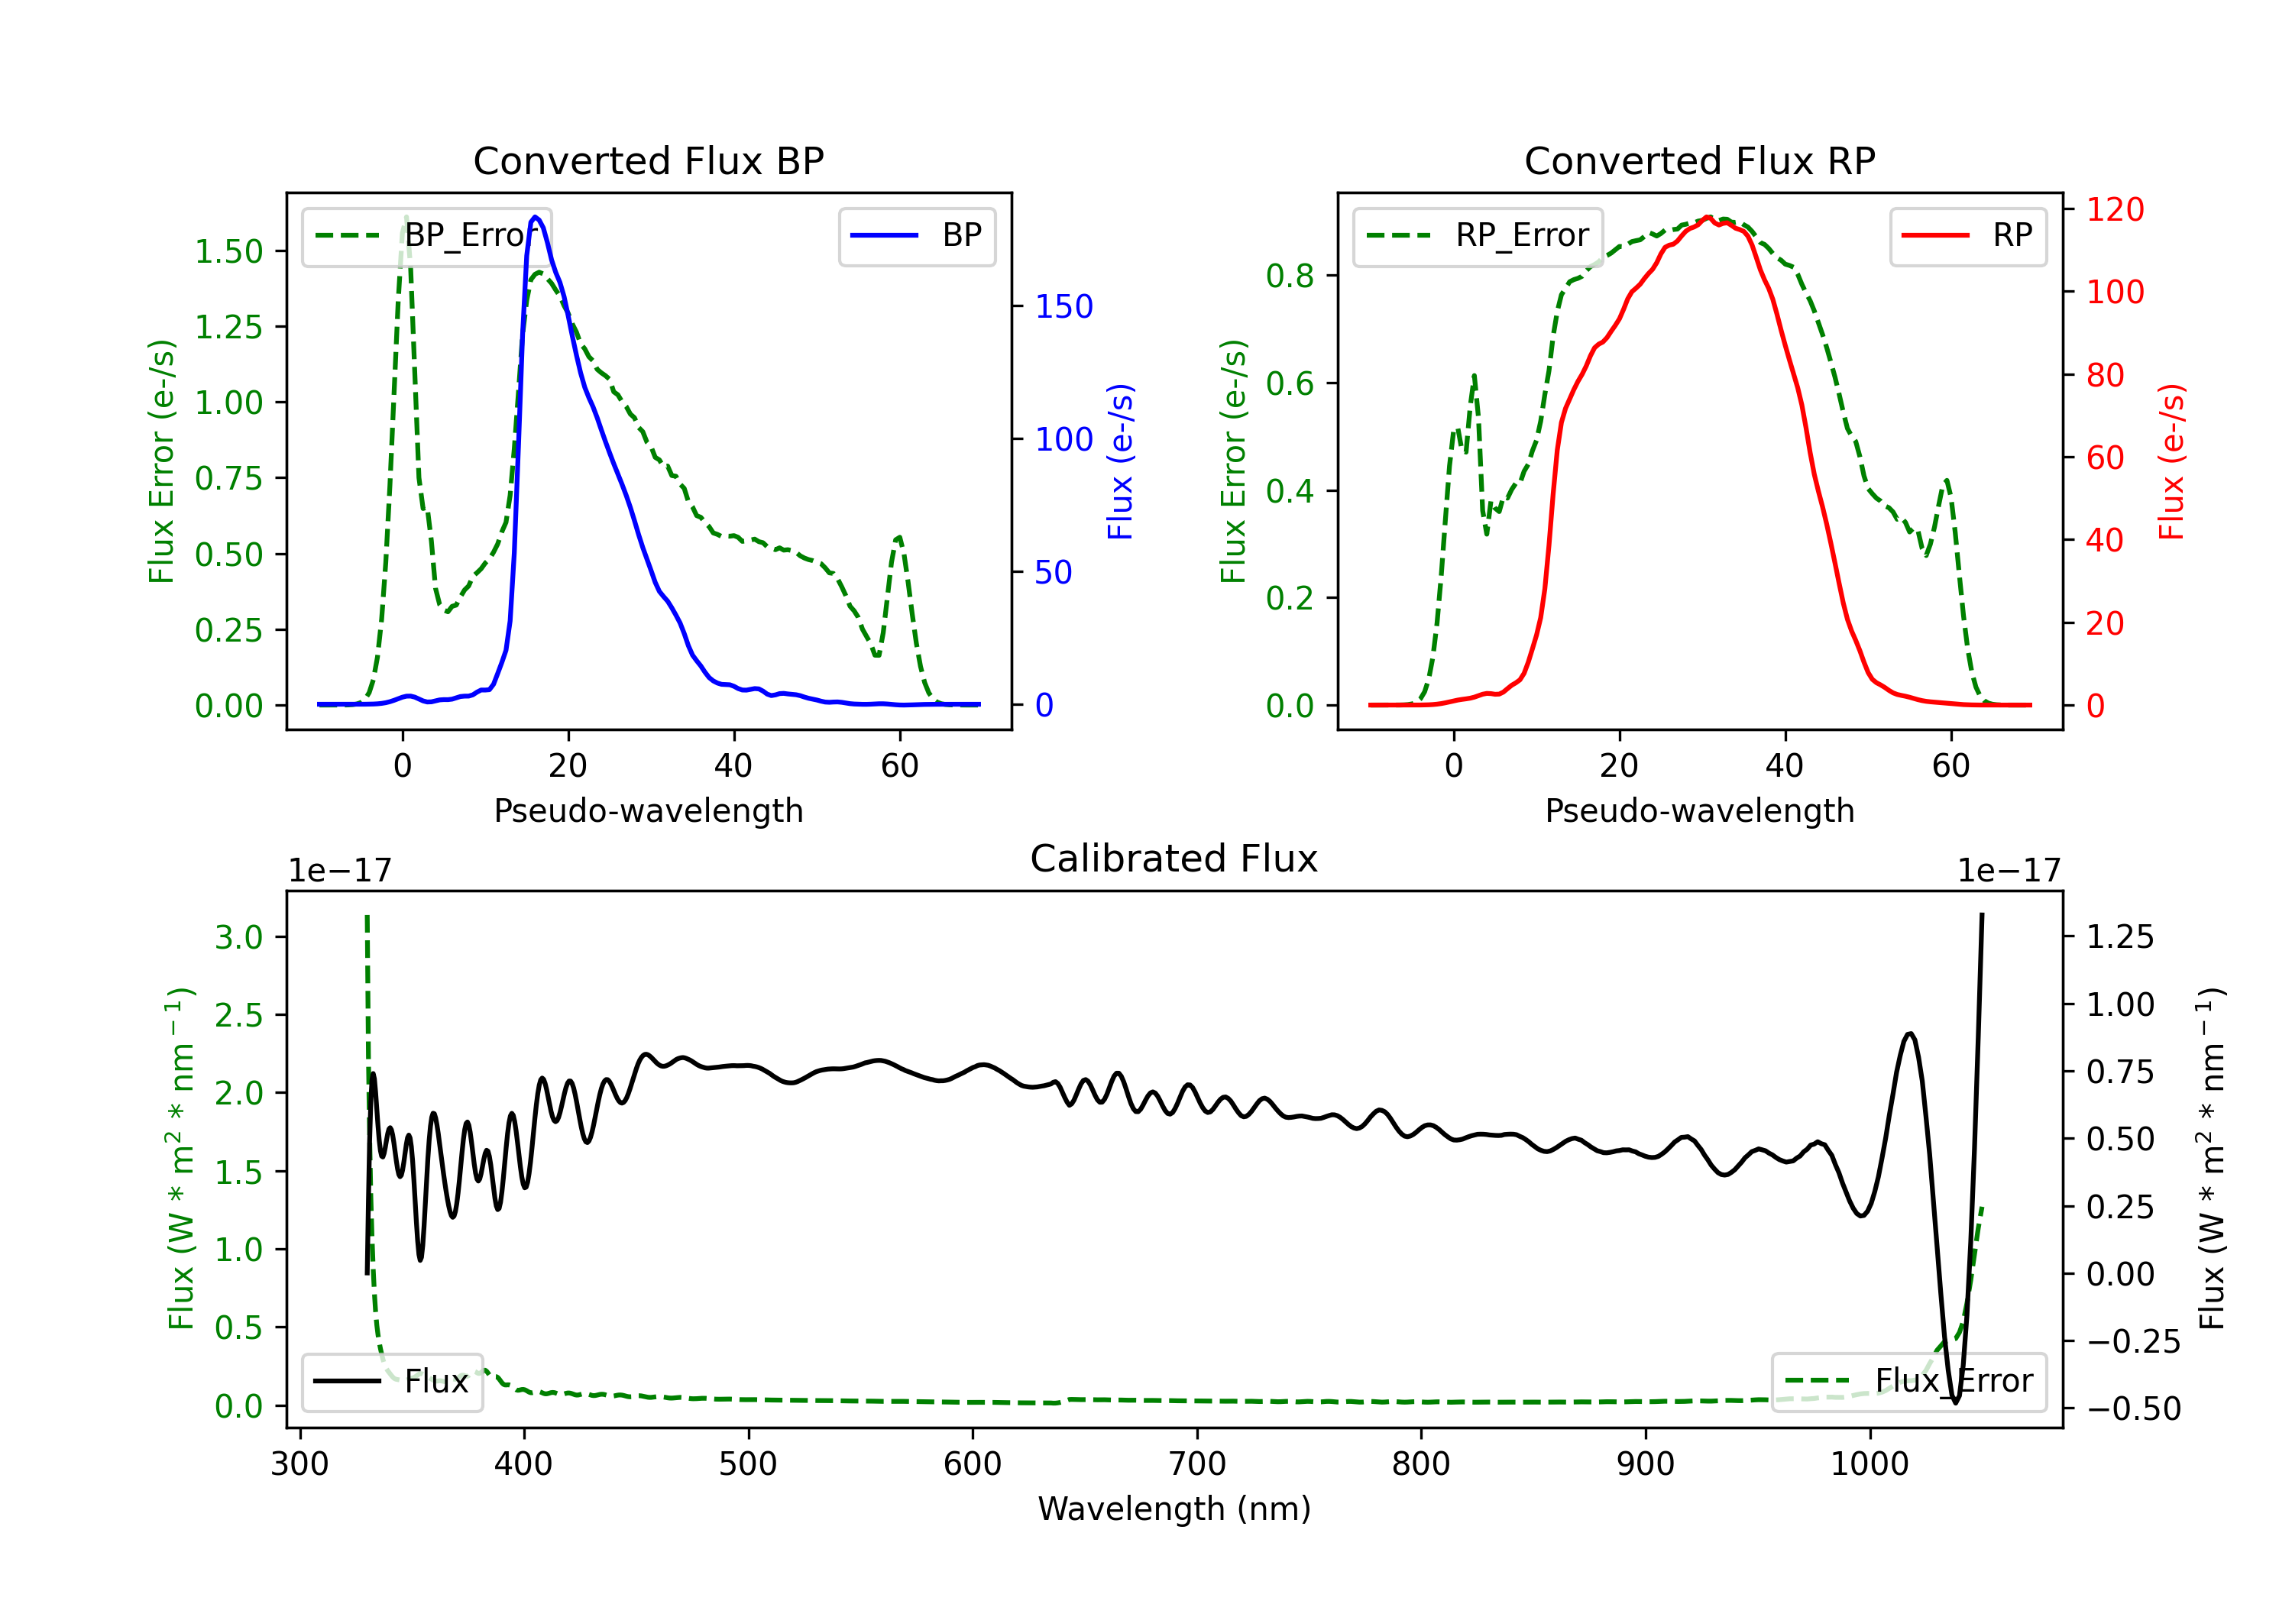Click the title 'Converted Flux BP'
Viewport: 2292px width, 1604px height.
pyautogui.click(x=648, y=160)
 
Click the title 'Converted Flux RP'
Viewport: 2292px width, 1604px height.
pyautogui.click(x=1699, y=160)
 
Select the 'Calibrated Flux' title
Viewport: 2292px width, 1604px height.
pyautogui.click(x=1174, y=859)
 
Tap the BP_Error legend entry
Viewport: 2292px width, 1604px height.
pyautogui.click(x=426, y=235)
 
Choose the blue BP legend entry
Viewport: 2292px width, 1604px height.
pyautogui.click(x=916, y=235)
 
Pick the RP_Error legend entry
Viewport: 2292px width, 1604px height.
pyautogui.click(x=1478, y=235)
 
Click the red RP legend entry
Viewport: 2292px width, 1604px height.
pyautogui.click(x=1967, y=235)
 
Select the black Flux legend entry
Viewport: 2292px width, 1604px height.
pyautogui.click(x=391, y=1382)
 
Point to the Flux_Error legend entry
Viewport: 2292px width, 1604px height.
pyautogui.click(x=1908, y=1382)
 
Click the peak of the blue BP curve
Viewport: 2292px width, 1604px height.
pyautogui.click(x=536, y=217)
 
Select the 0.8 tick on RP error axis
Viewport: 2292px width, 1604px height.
pyautogui.click(x=1290, y=276)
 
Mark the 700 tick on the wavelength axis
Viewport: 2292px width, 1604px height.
pyautogui.click(x=1197, y=1464)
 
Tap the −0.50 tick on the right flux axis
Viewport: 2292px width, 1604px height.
pyautogui.click(x=2133, y=1408)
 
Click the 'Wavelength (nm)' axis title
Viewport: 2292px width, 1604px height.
pyautogui.click(x=1174, y=1509)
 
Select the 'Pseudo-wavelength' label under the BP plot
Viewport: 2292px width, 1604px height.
pyautogui.click(x=648, y=810)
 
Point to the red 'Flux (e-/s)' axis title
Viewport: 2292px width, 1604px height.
pyautogui.click(x=2171, y=462)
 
